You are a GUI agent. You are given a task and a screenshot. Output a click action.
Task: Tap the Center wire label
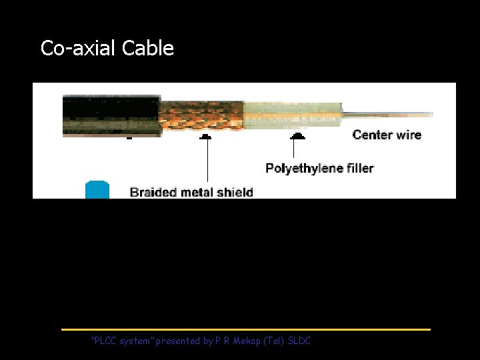click(x=387, y=135)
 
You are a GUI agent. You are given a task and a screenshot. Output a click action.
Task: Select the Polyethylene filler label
click(x=319, y=167)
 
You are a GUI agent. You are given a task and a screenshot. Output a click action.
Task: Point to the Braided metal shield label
click(x=191, y=192)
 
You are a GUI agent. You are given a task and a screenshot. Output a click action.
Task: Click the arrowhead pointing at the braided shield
click(x=205, y=136)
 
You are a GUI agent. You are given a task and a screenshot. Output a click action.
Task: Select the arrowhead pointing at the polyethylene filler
click(x=297, y=136)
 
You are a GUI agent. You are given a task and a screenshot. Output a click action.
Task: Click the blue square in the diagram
click(x=97, y=189)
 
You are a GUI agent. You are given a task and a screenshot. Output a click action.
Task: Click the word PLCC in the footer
click(x=105, y=341)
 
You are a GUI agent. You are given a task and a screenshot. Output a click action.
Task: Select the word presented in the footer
click(x=179, y=341)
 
